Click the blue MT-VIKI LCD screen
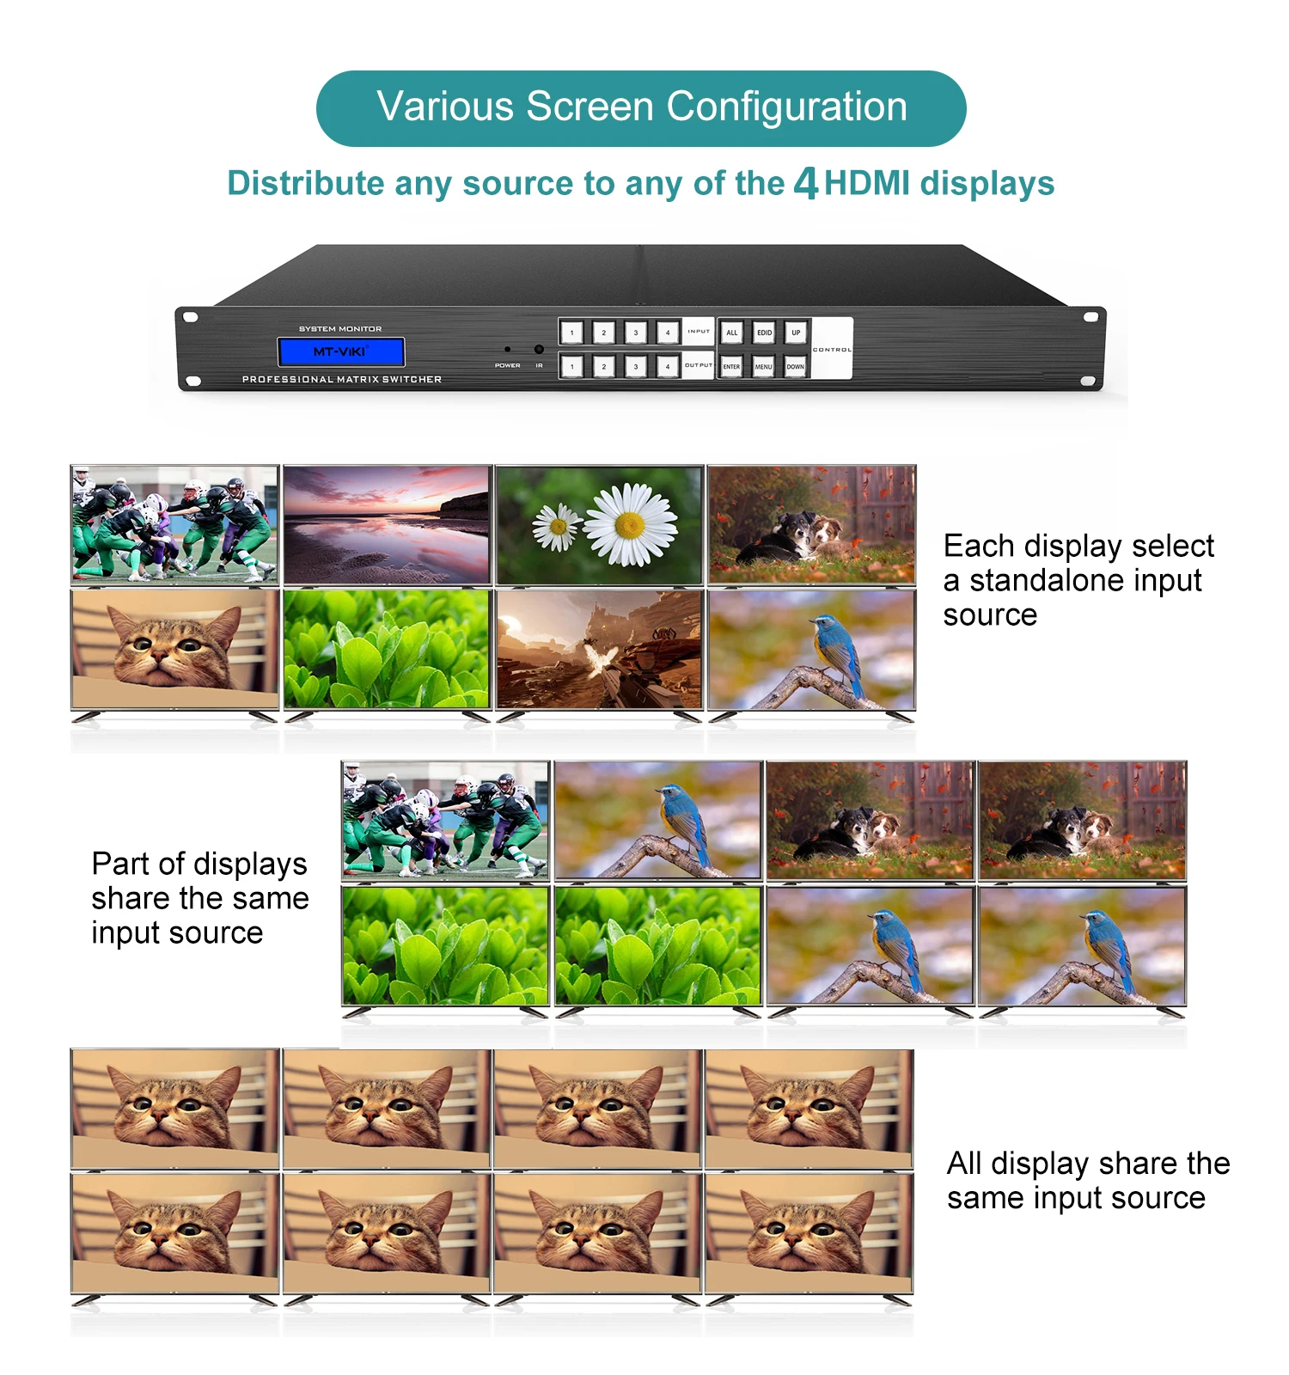340,351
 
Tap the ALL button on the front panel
731,333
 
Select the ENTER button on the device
731,366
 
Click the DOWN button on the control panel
796,366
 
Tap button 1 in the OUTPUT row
571,366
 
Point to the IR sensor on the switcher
539,350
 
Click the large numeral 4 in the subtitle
805,183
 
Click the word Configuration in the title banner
786,107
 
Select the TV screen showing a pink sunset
387,525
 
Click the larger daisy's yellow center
630,524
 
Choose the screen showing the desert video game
599,650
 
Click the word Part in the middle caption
119,864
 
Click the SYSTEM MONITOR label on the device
340,329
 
